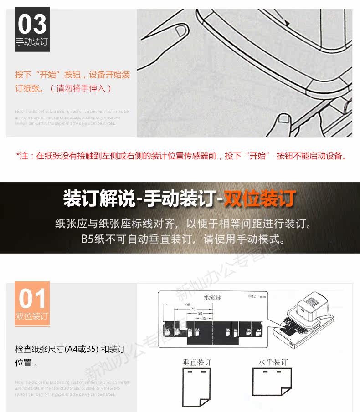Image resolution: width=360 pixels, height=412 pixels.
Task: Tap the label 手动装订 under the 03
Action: coord(32,42)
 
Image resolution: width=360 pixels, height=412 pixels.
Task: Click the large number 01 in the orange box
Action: coord(32,299)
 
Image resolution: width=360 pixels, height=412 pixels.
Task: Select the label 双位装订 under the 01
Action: coord(32,316)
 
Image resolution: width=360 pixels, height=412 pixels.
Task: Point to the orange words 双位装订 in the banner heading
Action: coord(260,199)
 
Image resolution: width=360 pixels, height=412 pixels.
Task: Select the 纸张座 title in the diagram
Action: coord(212,297)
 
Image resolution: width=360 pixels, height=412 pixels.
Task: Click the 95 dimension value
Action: coord(189,305)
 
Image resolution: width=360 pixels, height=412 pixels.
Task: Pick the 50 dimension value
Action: coord(200,314)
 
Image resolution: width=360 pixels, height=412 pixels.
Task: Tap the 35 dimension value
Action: coord(204,319)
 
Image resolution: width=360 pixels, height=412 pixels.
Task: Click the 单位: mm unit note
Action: coord(257,296)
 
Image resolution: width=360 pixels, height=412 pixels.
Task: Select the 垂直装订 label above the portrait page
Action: coord(197,362)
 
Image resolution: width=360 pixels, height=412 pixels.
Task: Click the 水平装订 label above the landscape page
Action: coord(273,362)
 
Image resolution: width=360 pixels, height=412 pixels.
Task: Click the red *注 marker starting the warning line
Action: coord(23,156)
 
